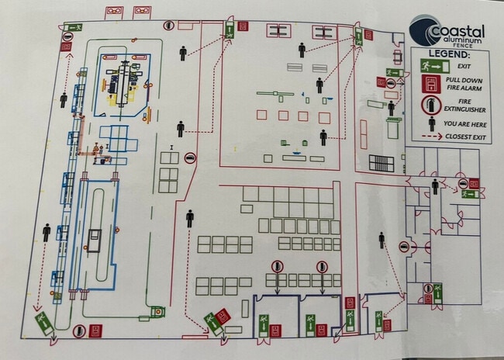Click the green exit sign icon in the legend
[429, 67]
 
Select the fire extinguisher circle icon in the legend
[430, 105]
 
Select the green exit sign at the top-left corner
[73, 28]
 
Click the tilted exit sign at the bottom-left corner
[41, 320]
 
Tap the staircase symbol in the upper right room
[381, 164]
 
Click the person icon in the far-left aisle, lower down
[47, 233]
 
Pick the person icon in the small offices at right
[435, 186]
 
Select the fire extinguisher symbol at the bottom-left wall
[78, 331]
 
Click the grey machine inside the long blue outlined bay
[94, 241]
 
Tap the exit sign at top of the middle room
[231, 29]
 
